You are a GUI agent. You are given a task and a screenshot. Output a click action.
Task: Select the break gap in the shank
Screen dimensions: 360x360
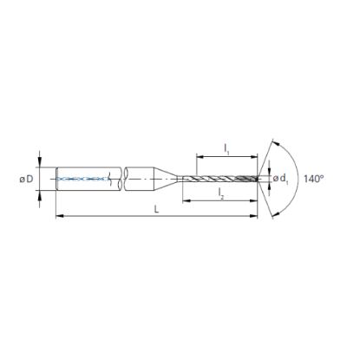tap(120, 180)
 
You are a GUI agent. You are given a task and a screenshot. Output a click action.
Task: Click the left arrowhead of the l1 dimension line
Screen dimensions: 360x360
tap(199, 158)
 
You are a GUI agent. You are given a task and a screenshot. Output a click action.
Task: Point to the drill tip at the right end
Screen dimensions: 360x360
tap(258, 180)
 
